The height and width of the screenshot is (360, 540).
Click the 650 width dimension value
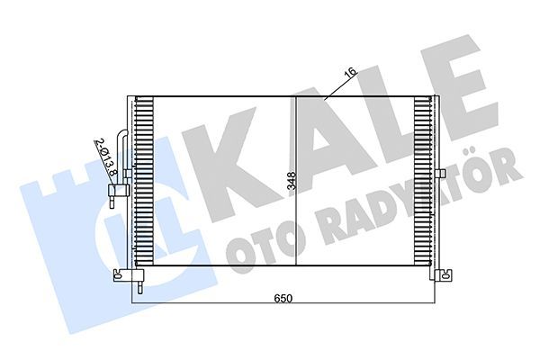tap(283, 297)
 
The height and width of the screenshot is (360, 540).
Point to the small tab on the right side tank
tap(441, 174)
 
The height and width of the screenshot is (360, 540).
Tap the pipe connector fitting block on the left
tap(114, 191)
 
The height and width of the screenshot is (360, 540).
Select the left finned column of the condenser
tap(142, 180)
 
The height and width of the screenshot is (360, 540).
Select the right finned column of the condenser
tap(422, 180)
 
